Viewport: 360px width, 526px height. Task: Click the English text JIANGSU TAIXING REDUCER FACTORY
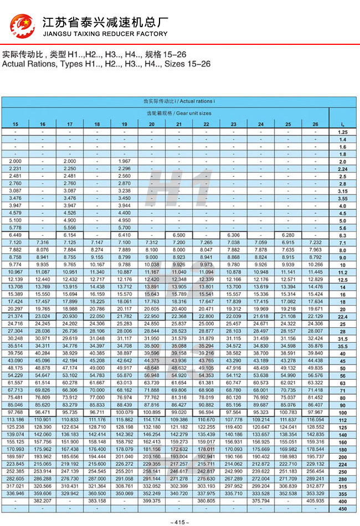105,34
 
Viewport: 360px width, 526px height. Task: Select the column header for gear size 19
124,124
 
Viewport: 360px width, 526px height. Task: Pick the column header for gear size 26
315,124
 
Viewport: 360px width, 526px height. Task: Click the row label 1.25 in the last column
342,133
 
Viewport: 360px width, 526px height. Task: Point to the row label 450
342,508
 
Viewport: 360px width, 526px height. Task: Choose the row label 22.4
342,316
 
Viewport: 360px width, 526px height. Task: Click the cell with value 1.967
124,161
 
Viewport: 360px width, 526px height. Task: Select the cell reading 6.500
178,235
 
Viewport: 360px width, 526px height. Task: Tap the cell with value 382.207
43,501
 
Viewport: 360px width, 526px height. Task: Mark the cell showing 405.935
315,501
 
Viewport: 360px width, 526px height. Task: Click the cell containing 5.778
16,228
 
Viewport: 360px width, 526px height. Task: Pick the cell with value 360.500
97,493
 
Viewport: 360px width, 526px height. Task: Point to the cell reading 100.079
124,412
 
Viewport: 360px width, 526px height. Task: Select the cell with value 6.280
288,235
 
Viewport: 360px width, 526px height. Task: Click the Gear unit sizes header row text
178,113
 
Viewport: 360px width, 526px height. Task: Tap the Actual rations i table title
178,102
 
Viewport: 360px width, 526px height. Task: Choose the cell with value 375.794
261,501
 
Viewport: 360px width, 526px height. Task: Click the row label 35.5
342,345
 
